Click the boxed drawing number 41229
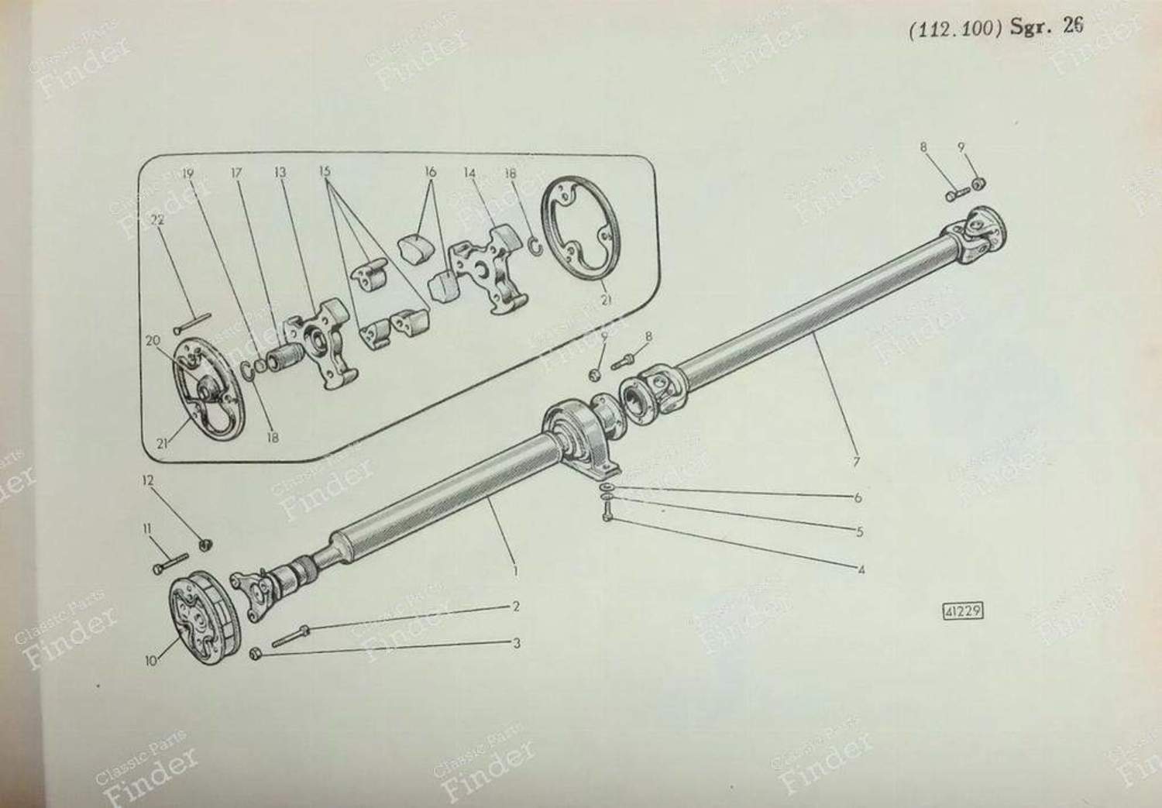[962, 611]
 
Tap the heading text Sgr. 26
[1047, 27]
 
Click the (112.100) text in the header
[955, 29]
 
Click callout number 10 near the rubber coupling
[150, 662]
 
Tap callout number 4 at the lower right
[861, 570]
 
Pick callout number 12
[148, 481]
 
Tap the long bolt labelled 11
[170, 563]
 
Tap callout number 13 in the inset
[280, 172]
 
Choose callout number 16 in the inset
[430, 172]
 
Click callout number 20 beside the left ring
[153, 341]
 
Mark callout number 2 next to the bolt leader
[516, 607]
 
